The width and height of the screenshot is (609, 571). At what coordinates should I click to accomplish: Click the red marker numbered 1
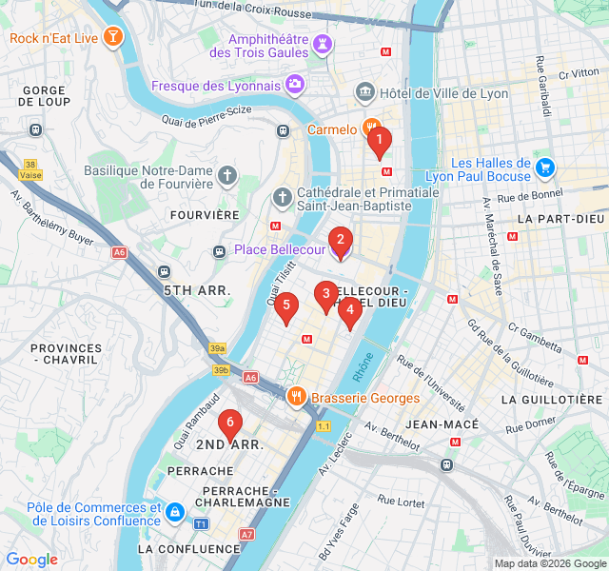[x=379, y=143]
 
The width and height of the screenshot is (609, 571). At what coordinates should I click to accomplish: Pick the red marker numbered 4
[x=350, y=311]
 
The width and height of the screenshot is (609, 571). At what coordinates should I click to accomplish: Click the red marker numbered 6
[x=228, y=424]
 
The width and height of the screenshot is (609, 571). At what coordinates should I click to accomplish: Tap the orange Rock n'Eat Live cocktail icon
[x=114, y=38]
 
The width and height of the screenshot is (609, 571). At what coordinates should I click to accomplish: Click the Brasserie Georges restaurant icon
[x=297, y=398]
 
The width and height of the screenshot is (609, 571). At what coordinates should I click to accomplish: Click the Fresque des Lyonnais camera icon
[x=295, y=86]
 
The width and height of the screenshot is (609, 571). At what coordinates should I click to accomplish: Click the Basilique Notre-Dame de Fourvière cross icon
[x=226, y=176]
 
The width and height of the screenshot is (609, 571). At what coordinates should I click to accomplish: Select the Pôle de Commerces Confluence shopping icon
[x=174, y=513]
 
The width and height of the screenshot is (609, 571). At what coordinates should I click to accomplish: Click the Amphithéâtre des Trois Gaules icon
[x=324, y=44]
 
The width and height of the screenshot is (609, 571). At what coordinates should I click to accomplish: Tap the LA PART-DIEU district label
[x=560, y=219]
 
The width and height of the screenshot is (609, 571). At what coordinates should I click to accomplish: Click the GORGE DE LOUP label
[x=45, y=96]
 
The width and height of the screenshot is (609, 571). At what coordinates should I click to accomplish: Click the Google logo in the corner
[x=31, y=560]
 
